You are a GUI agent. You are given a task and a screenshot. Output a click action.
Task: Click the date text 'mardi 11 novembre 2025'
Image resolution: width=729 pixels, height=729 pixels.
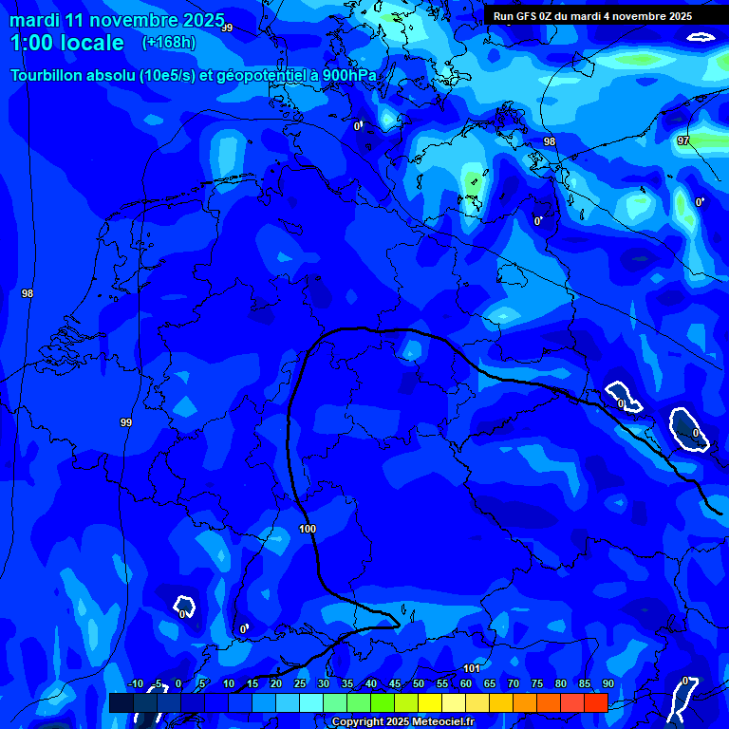pos(117,20)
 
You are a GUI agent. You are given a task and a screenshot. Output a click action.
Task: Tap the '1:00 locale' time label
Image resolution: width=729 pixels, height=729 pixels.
pos(67,43)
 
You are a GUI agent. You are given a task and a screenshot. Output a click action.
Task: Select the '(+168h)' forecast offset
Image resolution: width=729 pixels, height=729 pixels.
pos(169,43)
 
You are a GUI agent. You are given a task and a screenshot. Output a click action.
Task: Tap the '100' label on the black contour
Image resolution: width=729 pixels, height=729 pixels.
pos(308,529)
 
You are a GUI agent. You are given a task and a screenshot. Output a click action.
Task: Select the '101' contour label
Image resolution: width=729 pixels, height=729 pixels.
pos(472,669)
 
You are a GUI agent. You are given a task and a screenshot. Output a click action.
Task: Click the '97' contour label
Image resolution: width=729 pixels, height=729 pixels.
pos(683,140)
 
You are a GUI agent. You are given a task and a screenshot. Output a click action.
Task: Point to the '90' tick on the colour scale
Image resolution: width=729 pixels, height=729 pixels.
pos(607,683)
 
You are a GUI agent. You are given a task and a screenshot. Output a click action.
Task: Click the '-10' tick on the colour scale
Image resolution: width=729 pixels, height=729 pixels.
pos(135,683)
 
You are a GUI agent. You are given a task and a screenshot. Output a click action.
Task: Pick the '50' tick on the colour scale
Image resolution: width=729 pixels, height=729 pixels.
pos(419,683)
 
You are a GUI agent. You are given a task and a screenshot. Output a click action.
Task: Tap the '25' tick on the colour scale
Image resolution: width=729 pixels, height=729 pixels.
pos(300,683)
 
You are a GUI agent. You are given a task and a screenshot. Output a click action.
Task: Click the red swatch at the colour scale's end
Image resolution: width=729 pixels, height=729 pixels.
pos(595,702)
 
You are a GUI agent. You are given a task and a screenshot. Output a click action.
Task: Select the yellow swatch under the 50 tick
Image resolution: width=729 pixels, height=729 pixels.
pos(429,702)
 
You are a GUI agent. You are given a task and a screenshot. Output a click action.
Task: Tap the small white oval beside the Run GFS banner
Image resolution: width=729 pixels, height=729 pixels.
pos(701,37)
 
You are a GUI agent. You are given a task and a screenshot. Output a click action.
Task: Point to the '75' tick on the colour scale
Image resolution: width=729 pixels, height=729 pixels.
pos(537,683)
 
